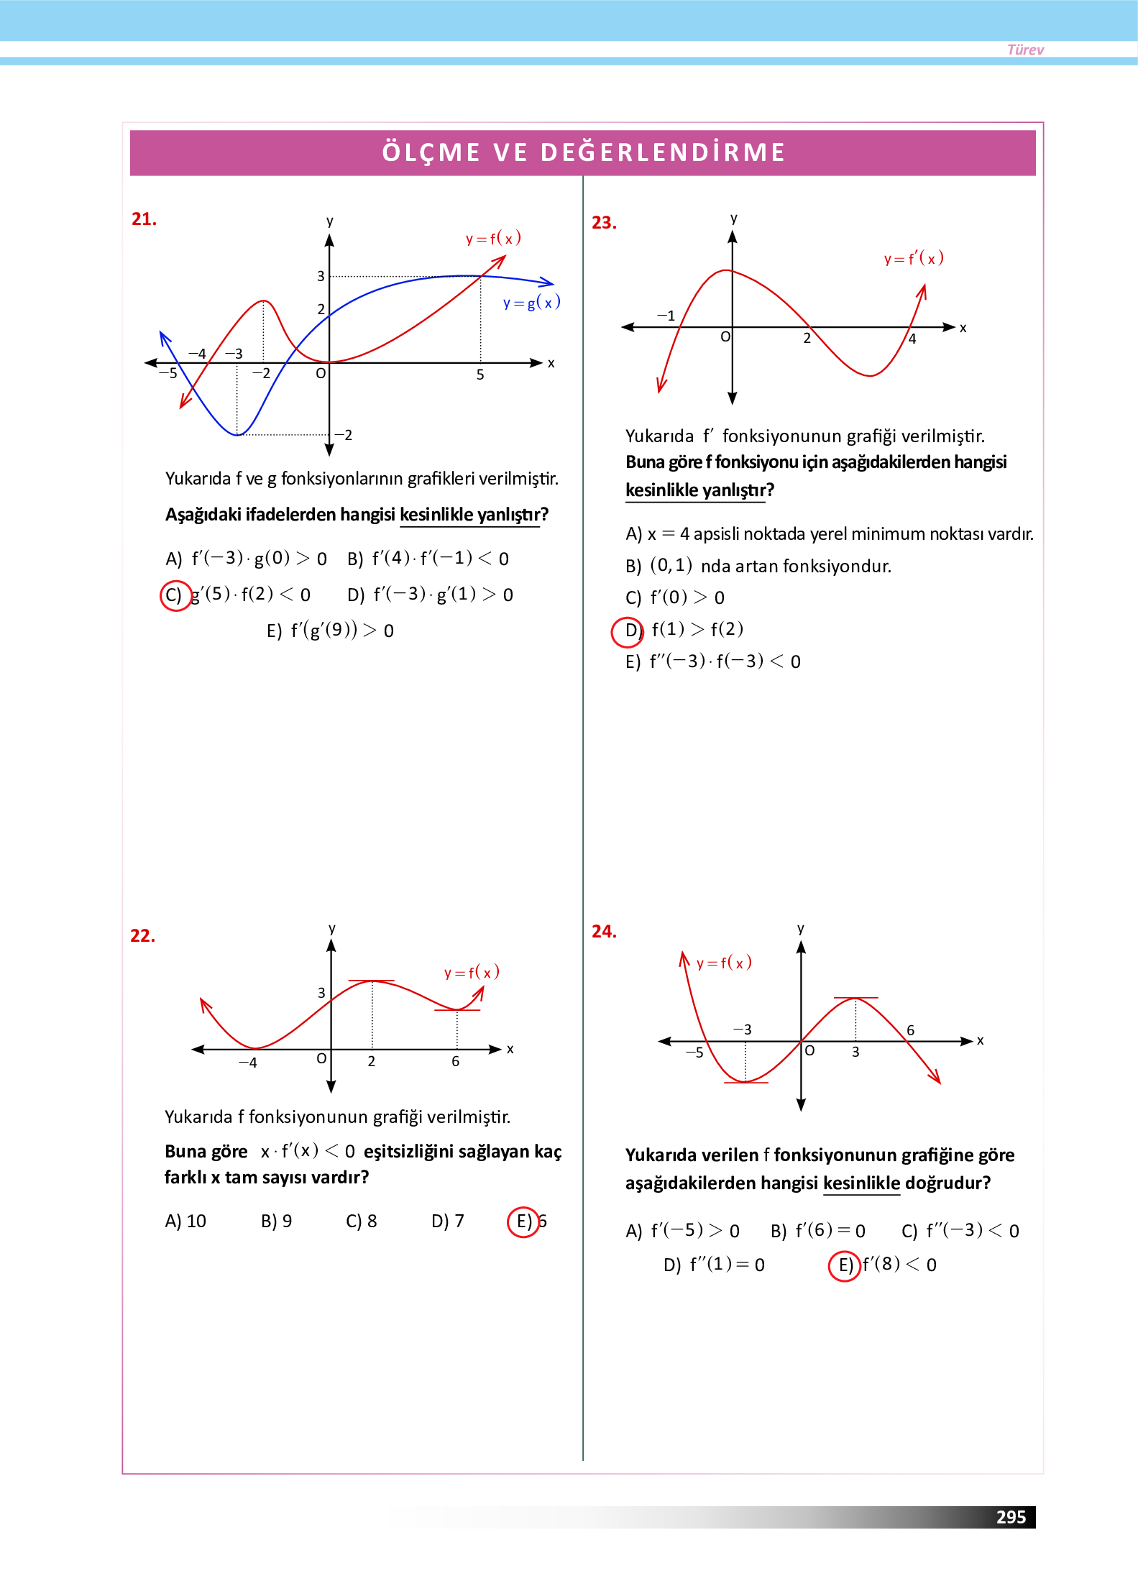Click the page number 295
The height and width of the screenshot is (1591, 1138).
coord(1010,1517)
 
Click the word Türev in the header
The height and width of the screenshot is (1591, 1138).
coord(1025,50)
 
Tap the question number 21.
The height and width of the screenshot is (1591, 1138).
coord(144,219)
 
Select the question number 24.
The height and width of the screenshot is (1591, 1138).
coord(604,932)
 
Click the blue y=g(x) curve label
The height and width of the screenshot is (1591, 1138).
coord(531,303)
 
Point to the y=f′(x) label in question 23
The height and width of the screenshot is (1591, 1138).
coord(914,258)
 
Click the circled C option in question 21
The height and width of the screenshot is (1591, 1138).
coord(175,595)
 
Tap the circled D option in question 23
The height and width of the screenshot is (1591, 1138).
coord(627,631)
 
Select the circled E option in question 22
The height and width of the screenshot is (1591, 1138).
coord(523,1221)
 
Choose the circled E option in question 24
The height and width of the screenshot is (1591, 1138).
coord(845,1265)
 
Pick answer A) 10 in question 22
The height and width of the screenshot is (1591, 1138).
coord(185,1221)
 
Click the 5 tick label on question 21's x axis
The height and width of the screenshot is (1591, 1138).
coord(480,375)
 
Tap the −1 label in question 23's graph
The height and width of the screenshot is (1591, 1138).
coord(666,316)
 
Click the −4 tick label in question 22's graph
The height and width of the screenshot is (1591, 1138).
coord(248,1063)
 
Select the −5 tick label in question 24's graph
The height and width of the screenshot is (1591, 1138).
coord(694,1053)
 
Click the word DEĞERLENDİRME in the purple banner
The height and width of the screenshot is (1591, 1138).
coord(663,152)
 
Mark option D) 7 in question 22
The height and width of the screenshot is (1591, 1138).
coord(448,1221)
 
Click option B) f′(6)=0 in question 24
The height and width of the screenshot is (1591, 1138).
coord(818,1231)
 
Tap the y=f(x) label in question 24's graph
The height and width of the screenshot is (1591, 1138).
coord(724,963)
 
